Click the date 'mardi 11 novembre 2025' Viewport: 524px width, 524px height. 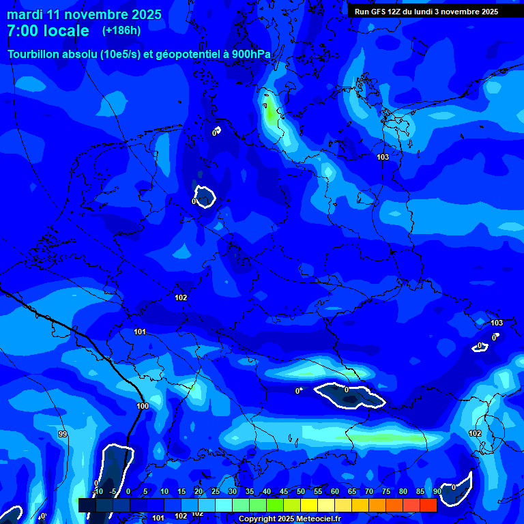click(x=84, y=14)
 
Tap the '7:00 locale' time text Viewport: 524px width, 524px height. click(x=48, y=31)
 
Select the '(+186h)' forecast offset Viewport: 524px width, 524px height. click(x=121, y=31)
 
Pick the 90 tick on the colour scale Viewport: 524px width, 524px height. click(x=437, y=492)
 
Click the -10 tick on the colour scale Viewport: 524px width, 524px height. click(x=98, y=492)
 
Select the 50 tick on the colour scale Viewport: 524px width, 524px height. click(x=301, y=492)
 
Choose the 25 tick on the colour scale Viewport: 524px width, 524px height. click(x=216, y=492)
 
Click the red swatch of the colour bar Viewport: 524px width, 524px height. click(x=428, y=505)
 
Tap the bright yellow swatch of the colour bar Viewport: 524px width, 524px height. click(x=308, y=505)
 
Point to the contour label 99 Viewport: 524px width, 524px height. click(x=63, y=434)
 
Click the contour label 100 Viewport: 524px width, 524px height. click(x=143, y=406)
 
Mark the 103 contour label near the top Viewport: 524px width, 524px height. click(x=383, y=157)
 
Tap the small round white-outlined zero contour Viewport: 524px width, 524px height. click(x=205, y=197)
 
